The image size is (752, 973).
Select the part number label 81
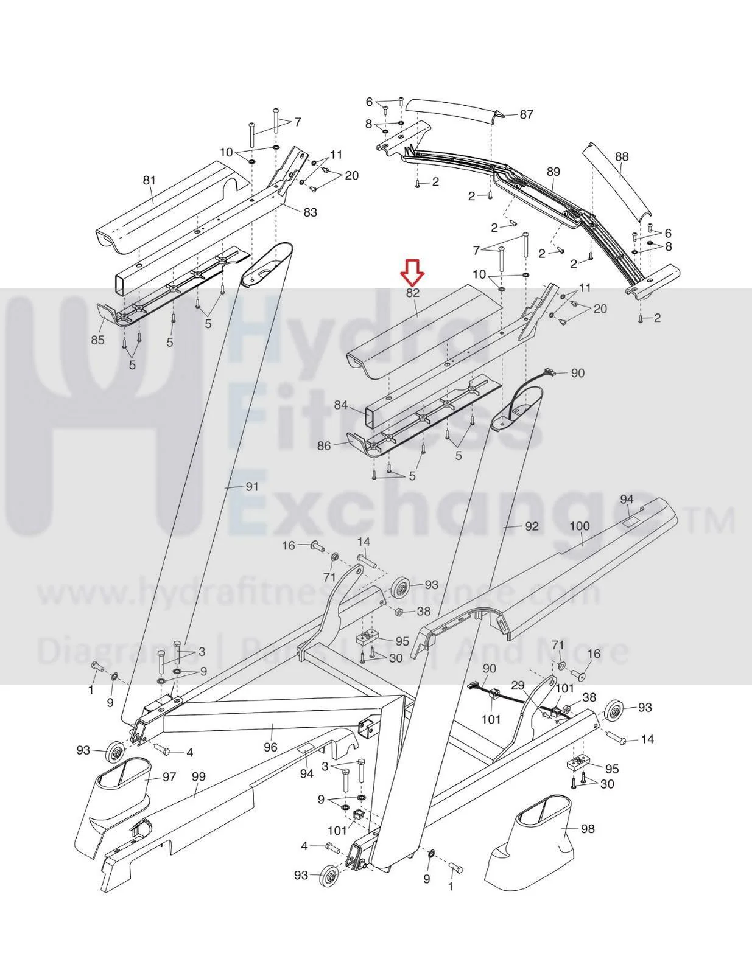tap(149, 181)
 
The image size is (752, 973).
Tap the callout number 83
tap(311, 212)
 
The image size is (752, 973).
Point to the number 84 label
tap(341, 405)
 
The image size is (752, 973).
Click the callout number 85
tap(97, 340)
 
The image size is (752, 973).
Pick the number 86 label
tap(324, 445)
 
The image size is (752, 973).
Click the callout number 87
tap(526, 114)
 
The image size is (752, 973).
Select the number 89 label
tap(553, 172)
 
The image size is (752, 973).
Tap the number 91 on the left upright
tap(251, 487)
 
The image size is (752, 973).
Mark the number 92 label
tap(532, 526)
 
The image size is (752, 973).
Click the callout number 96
tap(270, 747)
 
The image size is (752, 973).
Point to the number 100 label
tap(580, 526)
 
